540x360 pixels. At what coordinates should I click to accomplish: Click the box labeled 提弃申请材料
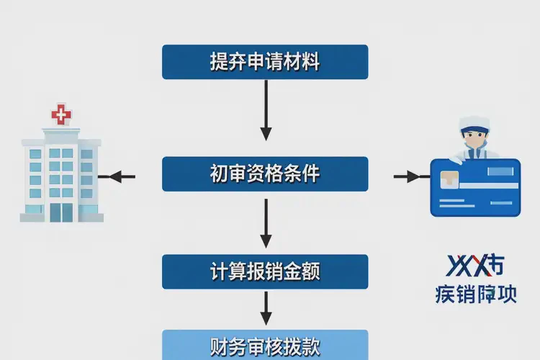(x=265, y=62)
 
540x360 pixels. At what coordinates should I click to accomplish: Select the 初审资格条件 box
(x=265, y=174)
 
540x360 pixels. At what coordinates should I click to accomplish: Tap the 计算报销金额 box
(x=265, y=271)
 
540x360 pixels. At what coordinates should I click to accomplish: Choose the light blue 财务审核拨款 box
(x=265, y=344)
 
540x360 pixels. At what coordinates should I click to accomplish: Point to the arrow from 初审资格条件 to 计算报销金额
(x=266, y=223)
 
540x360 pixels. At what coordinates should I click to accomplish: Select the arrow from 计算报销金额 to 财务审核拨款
(x=266, y=307)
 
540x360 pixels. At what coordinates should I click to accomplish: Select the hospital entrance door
(x=62, y=211)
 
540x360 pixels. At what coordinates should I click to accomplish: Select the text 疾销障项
(x=476, y=294)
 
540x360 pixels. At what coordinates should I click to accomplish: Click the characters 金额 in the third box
(x=302, y=271)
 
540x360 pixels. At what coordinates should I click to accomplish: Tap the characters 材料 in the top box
(x=302, y=62)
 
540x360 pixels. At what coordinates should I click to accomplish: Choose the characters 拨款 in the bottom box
(x=302, y=344)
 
